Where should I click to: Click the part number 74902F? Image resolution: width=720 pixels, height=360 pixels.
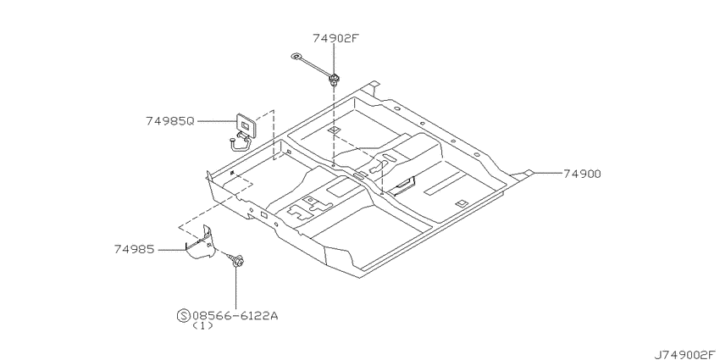(335, 39)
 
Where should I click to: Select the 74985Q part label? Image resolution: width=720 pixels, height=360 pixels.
(170, 121)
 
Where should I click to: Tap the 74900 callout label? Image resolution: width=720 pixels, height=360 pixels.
(582, 174)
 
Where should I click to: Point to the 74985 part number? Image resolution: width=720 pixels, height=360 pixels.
(134, 249)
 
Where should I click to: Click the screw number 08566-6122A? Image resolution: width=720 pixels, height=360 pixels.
(235, 316)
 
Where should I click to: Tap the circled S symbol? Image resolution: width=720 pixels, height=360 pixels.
(183, 316)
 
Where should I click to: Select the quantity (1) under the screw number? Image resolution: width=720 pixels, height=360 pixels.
(202, 325)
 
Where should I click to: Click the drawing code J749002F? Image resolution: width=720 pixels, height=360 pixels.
(685, 354)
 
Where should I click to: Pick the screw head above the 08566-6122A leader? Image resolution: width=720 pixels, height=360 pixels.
(237, 262)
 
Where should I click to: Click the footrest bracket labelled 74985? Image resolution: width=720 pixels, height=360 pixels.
(201, 243)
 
